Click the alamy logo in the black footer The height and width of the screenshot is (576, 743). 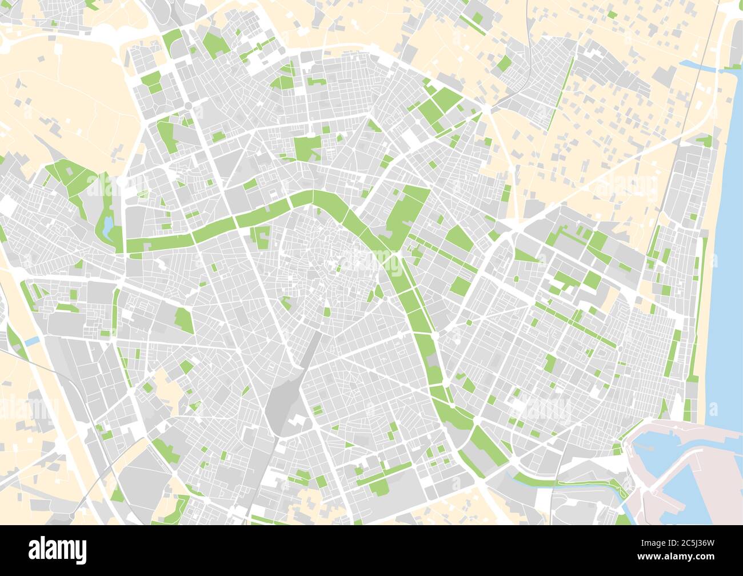coord(57,550)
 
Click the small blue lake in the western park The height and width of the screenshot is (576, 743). coord(107,226)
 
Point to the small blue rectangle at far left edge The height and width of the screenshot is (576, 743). coord(33,341)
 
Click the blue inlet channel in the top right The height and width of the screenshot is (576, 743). coord(698,66)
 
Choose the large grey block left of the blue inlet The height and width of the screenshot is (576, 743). coord(665,74)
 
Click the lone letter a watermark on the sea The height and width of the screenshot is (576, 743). coord(713,409)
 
